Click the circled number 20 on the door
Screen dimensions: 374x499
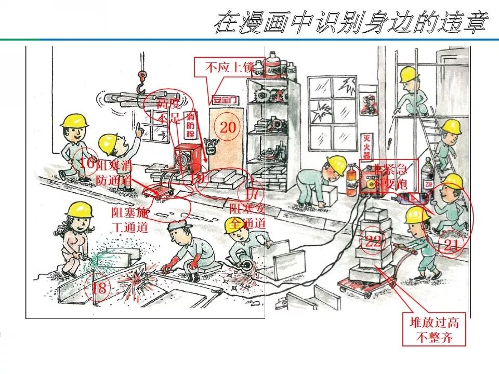tap(228, 127)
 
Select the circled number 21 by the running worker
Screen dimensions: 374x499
tap(451, 246)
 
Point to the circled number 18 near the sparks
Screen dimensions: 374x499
tap(99, 288)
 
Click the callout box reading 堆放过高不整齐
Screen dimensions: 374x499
tap(435, 330)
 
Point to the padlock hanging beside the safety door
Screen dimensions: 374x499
tap(210, 146)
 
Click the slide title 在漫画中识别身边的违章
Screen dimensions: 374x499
tap(352, 23)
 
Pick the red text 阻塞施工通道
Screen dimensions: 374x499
tap(130, 219)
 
